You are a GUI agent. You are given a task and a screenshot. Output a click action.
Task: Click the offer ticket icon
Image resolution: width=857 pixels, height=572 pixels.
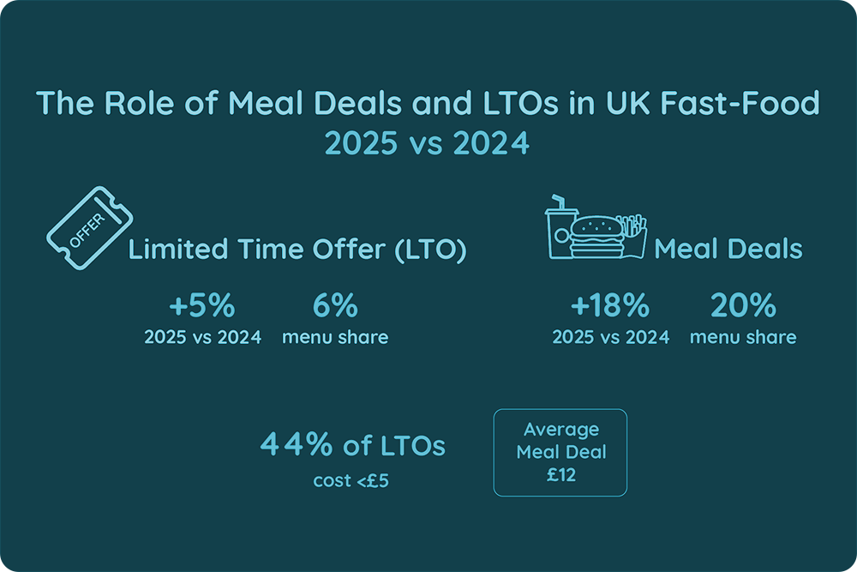(81, 226)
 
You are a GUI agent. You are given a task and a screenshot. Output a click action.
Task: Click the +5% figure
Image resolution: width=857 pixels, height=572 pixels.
(202, 305)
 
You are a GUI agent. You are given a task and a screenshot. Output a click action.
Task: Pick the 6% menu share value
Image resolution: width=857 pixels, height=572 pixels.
(334, 305)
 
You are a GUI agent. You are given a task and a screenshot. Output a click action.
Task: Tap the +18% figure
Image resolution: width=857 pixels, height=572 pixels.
(610, 305)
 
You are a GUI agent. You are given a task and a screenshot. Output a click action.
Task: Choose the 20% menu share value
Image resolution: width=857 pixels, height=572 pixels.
(742, 305)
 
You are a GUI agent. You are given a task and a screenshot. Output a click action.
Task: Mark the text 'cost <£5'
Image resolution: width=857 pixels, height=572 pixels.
(351, 481)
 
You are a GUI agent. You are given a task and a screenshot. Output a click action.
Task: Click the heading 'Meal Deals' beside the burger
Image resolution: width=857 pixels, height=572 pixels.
(728, 250)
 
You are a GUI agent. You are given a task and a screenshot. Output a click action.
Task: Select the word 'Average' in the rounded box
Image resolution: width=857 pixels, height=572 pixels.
(560, 429)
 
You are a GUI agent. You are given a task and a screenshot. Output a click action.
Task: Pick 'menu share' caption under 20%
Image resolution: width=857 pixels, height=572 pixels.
(742, 337)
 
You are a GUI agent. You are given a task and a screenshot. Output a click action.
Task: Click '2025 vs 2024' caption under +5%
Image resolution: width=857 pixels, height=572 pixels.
(202, 337)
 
